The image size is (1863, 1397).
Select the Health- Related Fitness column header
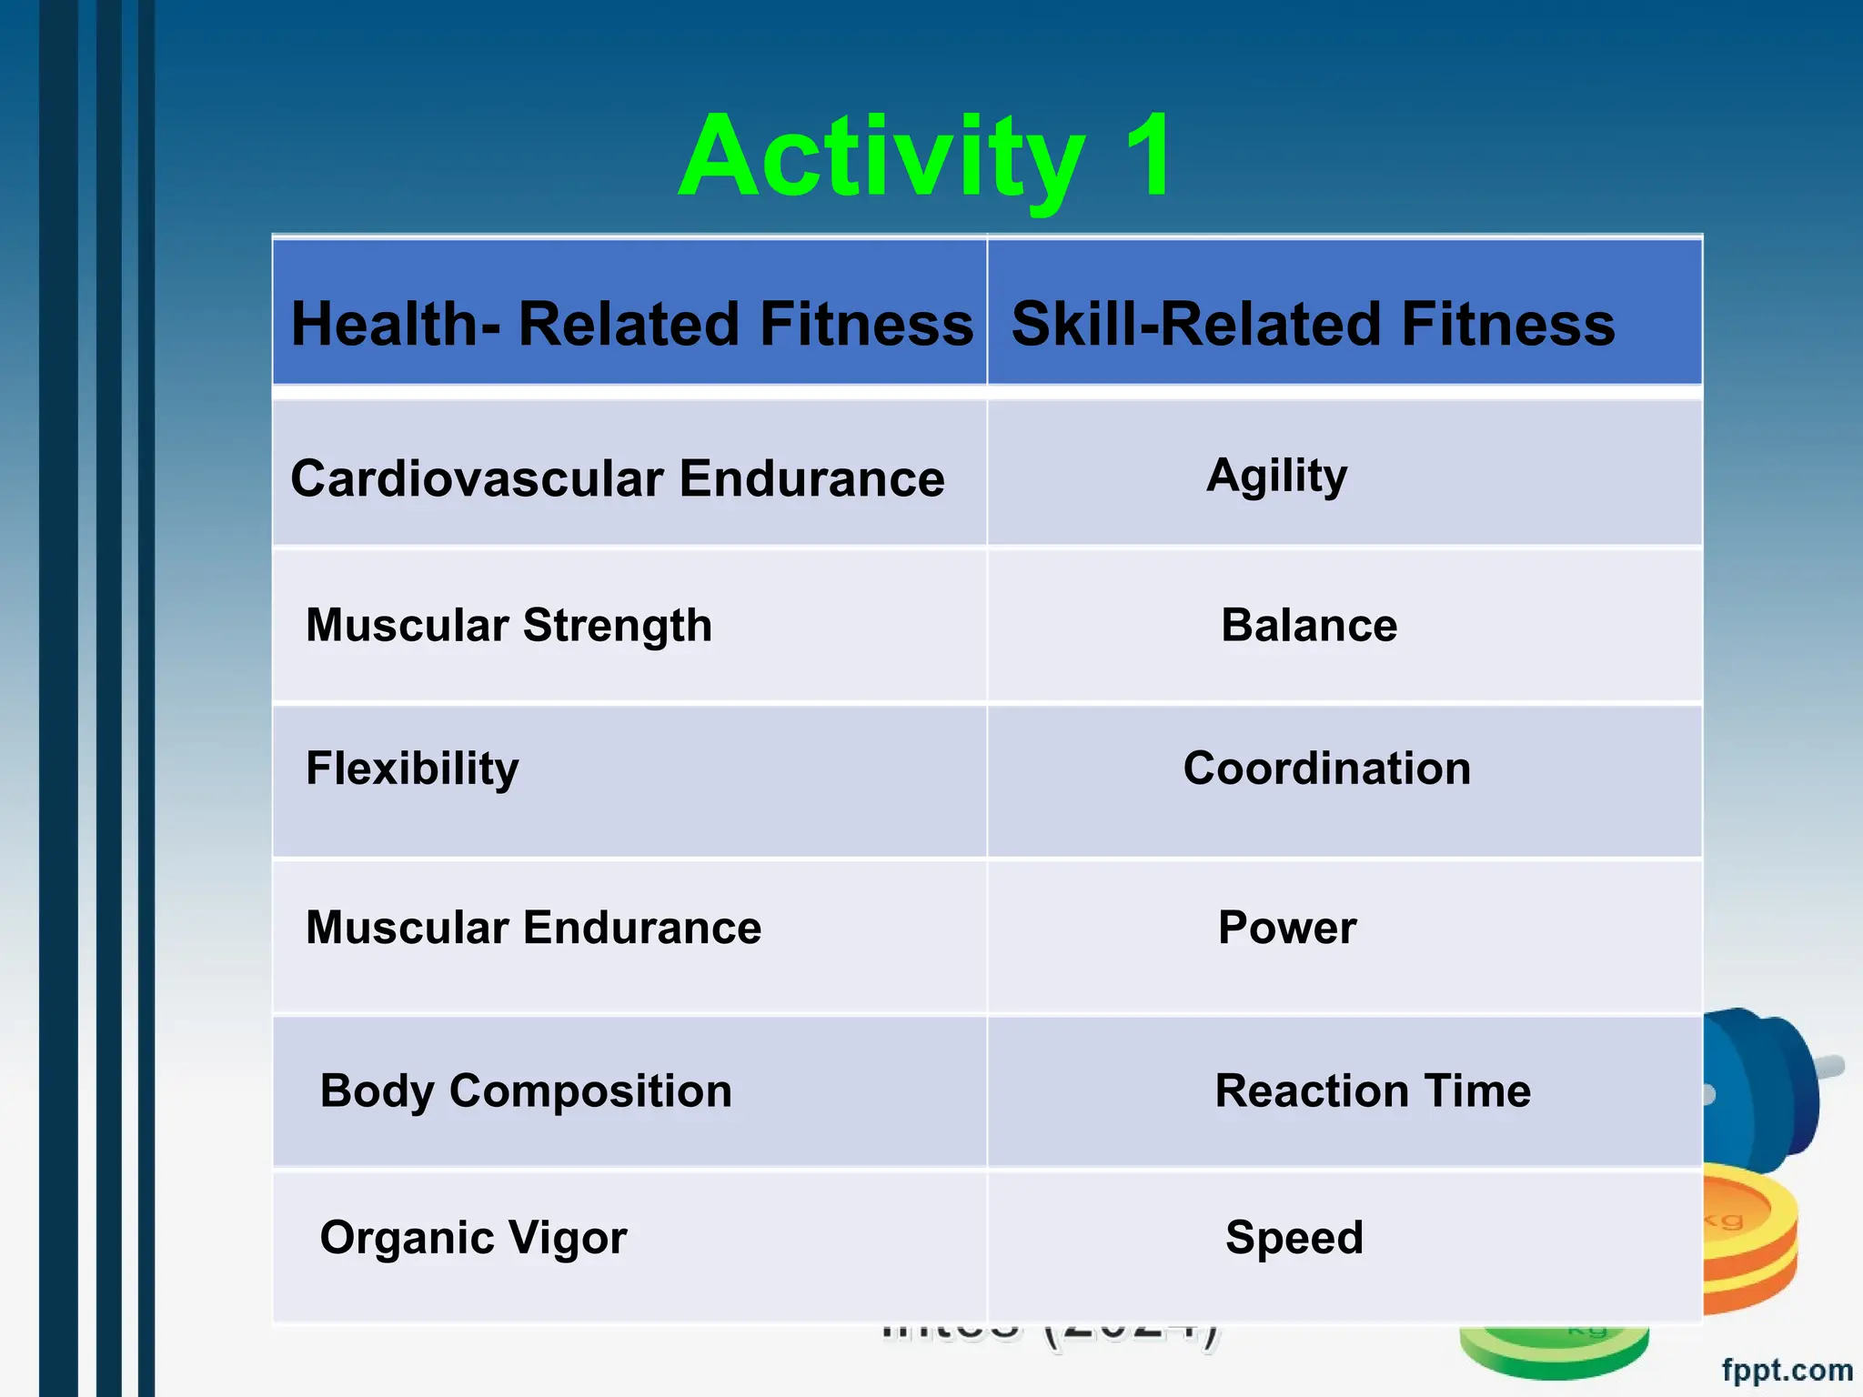click(x=631, y=324)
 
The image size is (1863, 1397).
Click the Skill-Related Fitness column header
click(x=1313, y=324)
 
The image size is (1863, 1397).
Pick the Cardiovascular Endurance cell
click(x=618, y=477)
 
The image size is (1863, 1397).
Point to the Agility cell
click(x=1277, y=476)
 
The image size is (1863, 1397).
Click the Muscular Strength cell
click(x=509, y=626)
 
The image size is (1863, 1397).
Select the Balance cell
click(x=1309, y=626)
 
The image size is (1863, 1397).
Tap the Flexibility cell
click(x=412, y=769)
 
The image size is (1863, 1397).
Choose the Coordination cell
click(x=1326, y=769)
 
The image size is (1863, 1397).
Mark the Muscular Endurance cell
click(x=533, y=928)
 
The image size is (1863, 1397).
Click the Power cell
click(x=1287, y=928)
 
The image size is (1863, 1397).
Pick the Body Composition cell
click(x=526, y=1090)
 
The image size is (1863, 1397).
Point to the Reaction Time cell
click(x=1373, y=1090)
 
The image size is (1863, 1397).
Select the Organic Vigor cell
click(x=473, y=1238)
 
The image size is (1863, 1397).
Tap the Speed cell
click(x=1294, y=1238)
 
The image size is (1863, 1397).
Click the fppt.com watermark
click(x=1787, y=1369)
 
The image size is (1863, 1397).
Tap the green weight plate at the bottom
click(x=1556, y=1351)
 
